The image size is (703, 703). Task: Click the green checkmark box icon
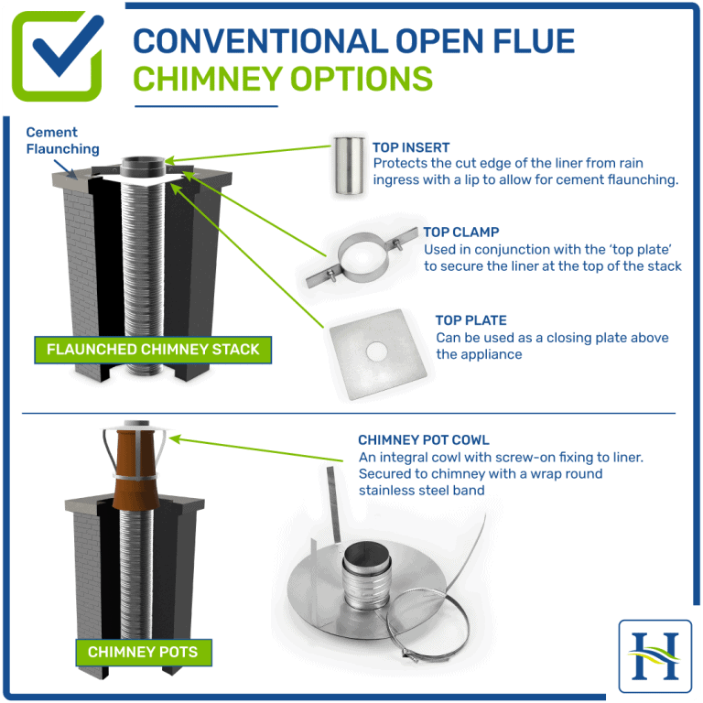pos(57,56)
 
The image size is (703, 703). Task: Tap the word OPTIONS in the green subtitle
pos(362,79)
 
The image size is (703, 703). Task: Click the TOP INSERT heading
pos(411,146)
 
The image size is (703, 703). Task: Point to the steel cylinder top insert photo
pos(347,166)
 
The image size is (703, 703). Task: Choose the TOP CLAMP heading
pos(460,233)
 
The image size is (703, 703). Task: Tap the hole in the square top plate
pos(375,351)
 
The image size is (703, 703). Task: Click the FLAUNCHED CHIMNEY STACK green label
pos(153,349)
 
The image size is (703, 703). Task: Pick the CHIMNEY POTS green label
pos(142,653)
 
